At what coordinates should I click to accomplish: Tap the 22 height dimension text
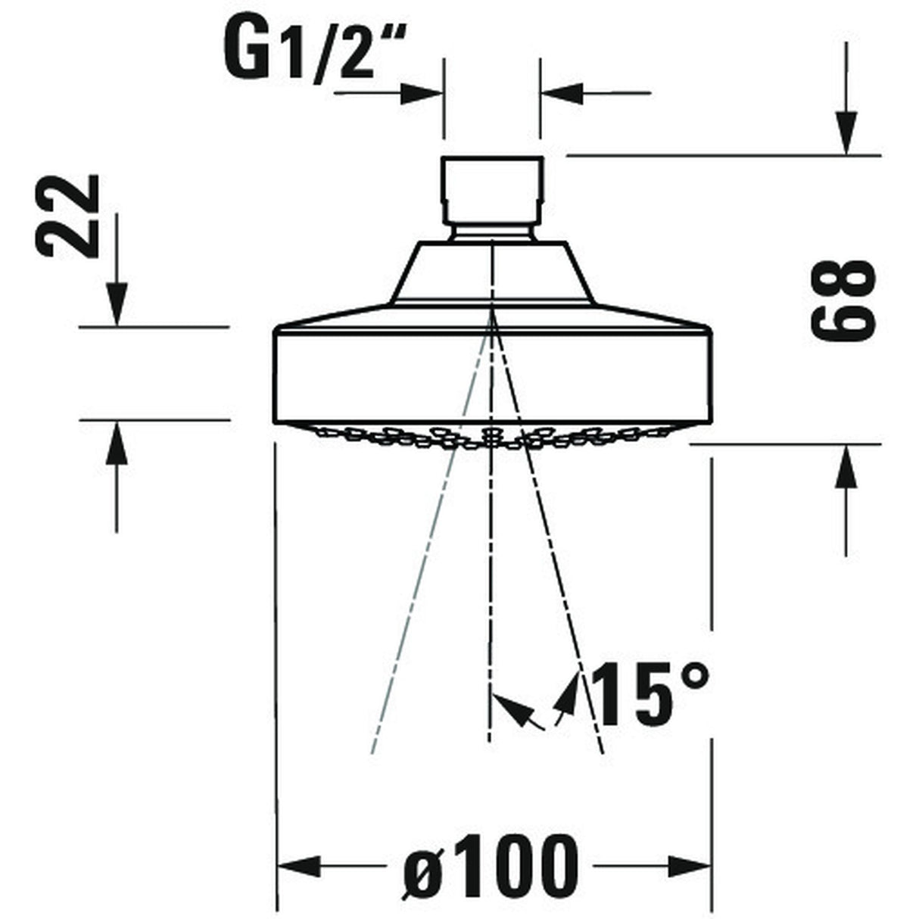point(70,216)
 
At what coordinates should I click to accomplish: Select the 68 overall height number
point(843,299)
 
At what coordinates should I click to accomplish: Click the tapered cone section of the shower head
point(491,273)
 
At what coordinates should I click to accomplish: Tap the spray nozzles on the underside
point(492,437)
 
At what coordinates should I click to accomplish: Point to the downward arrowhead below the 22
point(117,303)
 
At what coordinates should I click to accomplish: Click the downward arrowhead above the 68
point(846,132)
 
